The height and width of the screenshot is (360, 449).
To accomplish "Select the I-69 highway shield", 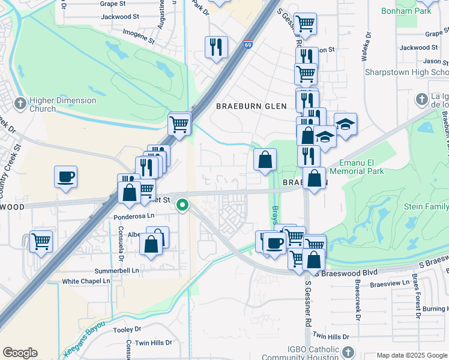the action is tap(249, 44).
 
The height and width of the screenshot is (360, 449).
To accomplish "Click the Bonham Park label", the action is tap(406, 11).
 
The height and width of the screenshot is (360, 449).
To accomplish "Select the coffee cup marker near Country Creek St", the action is tap(65, 178).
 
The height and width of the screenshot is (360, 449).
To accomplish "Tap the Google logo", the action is tap(20, 353).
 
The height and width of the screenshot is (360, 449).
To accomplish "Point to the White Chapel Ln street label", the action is tap(86, 281).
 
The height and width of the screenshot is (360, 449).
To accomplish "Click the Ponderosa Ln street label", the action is tap(134, 215).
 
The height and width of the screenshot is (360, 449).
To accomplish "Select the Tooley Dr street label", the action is tap(127, 329).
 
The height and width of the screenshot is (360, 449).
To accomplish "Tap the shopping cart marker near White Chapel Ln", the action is tap(41, 242).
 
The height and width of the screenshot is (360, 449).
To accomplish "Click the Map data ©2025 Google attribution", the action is tap(411, 355).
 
